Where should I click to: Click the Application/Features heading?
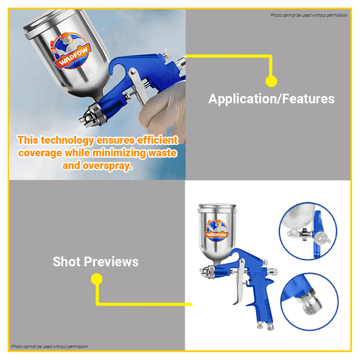(271, 99)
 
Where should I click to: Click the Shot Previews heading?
(96, 262)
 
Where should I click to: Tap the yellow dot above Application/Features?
(271, 81)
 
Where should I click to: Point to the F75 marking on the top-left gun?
(169, 78)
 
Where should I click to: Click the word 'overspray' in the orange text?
(104, 166)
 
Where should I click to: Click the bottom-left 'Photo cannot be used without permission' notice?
(50, 347)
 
